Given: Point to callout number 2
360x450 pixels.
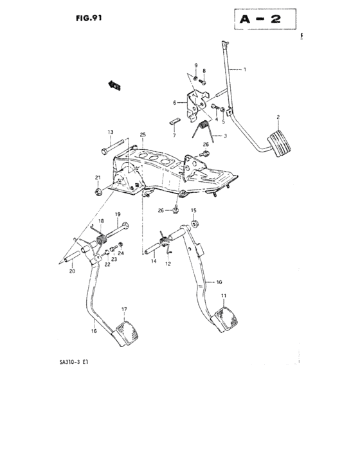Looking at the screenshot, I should click(x=278, y=116).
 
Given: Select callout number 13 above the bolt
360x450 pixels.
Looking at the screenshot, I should click(x=110, y=132).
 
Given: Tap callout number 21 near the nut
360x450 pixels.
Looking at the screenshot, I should click(x=98, y=178).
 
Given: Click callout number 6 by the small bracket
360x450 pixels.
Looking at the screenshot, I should click(x=174, y=102).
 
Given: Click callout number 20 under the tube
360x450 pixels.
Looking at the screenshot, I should click(x=72, y=271).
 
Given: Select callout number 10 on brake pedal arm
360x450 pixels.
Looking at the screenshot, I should click(x=219, y=282).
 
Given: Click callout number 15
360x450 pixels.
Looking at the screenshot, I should click(x=194, y=210).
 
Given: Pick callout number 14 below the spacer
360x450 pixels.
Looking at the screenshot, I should click(x=154, y=261).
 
